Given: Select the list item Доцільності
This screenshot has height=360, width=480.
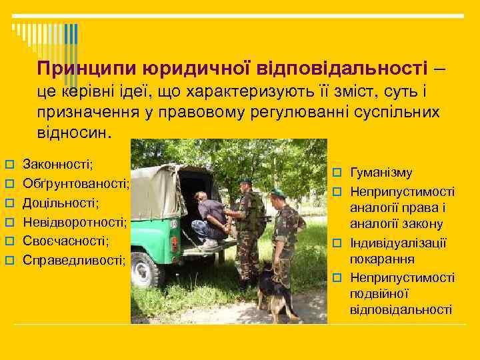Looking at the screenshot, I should [x=61, y=201].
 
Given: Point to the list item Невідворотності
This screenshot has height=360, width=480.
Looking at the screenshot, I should [x=75, y=221].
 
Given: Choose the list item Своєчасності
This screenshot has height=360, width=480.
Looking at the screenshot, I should [x=65, y=239].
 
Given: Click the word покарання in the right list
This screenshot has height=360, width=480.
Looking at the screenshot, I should [x=382, y=259].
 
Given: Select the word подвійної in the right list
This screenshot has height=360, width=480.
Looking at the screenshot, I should [x=379, y=293].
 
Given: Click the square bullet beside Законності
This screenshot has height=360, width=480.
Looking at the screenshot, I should [x=10, y=163].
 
